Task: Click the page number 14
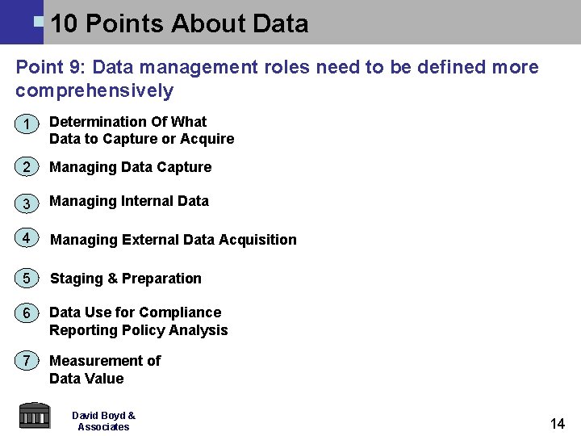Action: coord(557,424)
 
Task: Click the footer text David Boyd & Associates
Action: coord(103,421)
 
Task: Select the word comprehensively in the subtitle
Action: coord(94,90)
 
